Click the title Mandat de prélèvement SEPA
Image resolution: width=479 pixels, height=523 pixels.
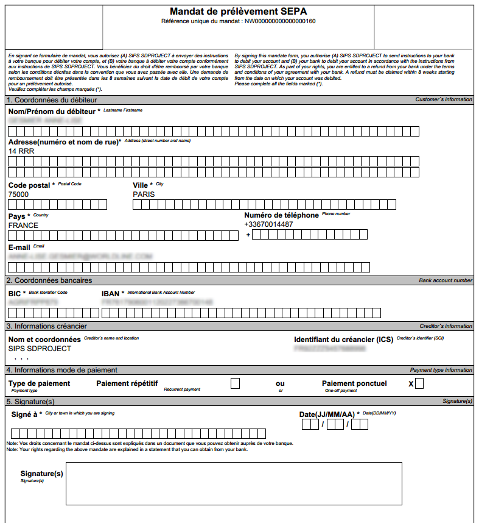(x=238, y=12)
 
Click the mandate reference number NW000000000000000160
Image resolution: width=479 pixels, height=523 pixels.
(x=280, y=21)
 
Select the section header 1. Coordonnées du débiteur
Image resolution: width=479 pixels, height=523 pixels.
(x=52, y=99)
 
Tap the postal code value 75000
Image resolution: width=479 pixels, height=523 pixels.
(x=18, y=194)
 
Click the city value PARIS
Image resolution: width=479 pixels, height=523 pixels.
(x=144, y=194)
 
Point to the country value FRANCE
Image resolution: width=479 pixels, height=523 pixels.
(x=23, y=226)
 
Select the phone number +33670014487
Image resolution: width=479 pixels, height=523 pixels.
(x=268, y=224)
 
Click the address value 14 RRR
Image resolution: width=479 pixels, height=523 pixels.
(x=21, y=151)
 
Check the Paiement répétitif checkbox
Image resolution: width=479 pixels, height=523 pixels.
(x=236, y=383)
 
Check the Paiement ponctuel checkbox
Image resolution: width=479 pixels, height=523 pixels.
(x=419, y=383)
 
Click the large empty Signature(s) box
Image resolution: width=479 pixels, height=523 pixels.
(x=234, y=483)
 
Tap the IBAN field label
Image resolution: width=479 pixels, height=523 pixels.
(x=110, y=294)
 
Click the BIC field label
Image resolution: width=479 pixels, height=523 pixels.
(x=15, y=294)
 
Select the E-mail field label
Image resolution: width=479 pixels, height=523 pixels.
(x=19, y=247)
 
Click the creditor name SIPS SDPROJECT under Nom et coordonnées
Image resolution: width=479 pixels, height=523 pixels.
(x=40, y=349)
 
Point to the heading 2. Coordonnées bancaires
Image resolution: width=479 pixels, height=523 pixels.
(x=49, y=280)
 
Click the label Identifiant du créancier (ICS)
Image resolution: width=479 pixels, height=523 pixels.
(x=343, y=340)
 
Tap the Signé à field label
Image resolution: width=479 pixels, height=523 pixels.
(x=24, y=414)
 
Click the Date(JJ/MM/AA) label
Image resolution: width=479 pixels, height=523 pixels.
(x=327, y=414)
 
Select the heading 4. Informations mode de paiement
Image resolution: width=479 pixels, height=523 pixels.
(x=61, y=370)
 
